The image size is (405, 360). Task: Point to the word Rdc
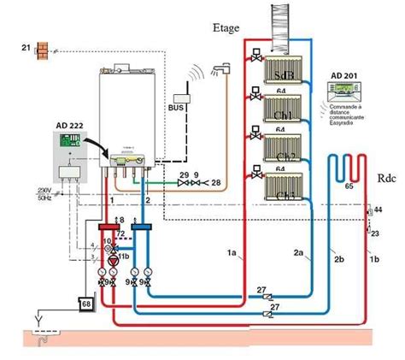pyautogui.click(x=385, y=181)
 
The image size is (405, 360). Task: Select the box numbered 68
pyautogui.click(x=85, y=304)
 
